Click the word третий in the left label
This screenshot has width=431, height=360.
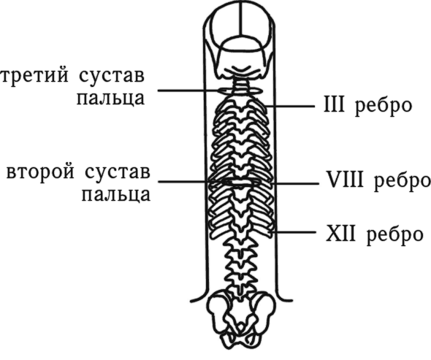tap(34, 75)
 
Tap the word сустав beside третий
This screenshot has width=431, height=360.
tap(111, 76)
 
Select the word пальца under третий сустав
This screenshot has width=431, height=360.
tap(110, 98)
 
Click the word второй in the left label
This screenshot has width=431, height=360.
tap(40, 172)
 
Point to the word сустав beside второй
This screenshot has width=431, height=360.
tap(118, 172)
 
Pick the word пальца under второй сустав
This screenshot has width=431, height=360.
tap(116, 195)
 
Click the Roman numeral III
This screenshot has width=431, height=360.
tap(334, 104)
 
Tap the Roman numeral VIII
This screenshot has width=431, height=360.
tap(345, 179)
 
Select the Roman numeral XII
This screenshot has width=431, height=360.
tap(340, 234)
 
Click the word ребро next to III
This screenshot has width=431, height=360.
tap(384, 107)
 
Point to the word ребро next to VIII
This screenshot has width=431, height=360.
tap(402, 182)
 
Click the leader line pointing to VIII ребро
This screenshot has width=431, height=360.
tap(294, 183)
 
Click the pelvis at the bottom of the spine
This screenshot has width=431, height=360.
tap(242, 319)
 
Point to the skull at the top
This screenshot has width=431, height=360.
tap(241, 41)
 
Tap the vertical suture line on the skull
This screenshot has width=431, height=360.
tap(241, 19)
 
